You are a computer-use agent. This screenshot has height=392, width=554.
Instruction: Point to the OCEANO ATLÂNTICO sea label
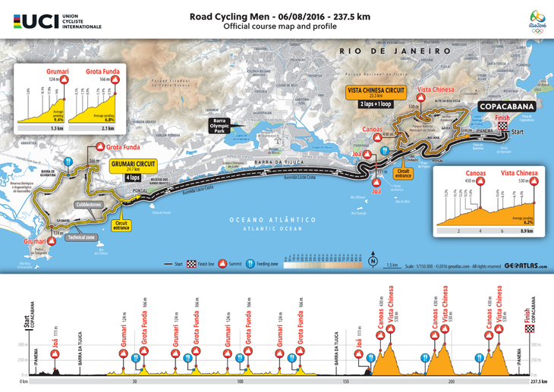(x=264, y=218)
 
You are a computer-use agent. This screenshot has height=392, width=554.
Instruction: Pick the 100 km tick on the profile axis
(x=240, y=382)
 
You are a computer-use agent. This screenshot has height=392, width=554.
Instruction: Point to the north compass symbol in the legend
(x=373, y=262)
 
